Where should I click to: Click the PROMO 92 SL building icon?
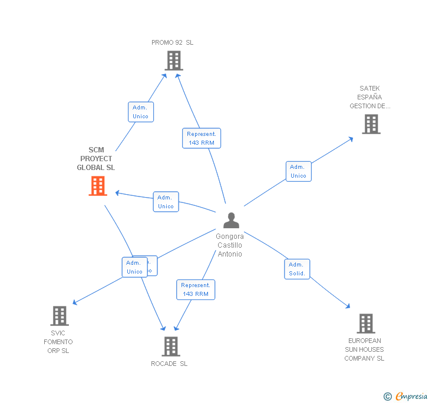click(x=173, y=60)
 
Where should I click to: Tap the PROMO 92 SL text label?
click(x=172, y=42)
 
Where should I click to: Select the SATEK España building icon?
click(x=371, y=124)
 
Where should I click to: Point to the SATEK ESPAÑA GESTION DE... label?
click(x=369, y=97)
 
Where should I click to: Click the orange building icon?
click(x=98, y=186)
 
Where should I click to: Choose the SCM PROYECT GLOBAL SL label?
click(x=96, y=159)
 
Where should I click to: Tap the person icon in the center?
click(x=231, y=221)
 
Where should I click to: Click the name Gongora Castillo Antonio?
click(x=230, y=245)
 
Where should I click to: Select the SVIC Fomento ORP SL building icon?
click(x=59, y=316)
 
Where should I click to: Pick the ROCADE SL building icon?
click(x=170, y=347)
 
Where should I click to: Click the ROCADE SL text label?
click(x=169, y=364)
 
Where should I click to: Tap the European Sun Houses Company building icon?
click(x=365, y=324)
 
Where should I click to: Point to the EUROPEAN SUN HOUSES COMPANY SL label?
click(x=364, y=349)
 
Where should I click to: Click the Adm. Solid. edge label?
click(x=297, y=269)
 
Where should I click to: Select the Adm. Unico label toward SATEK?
click(x=298, y=171)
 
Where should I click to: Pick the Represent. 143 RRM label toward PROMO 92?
click(x=201, y=138)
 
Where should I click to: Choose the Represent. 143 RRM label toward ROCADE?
click(x=196, y=289)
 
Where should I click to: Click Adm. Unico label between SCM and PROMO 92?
click(x=141, y=112)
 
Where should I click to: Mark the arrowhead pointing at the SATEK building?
click(x=351, y=139)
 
